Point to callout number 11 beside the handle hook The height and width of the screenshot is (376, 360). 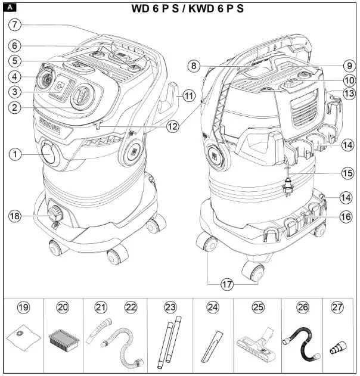189,95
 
